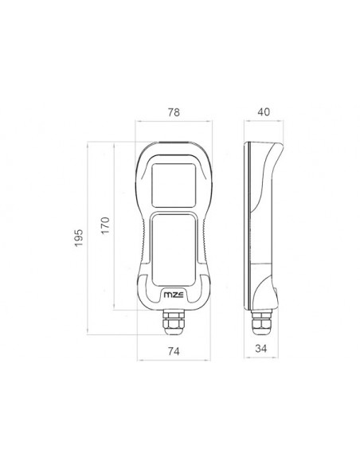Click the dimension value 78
[174, 112]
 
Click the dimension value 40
[264, 111]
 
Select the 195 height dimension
[79, 238]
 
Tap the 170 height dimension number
[105, 225]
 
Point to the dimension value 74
[174, 351]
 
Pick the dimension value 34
[261, 348]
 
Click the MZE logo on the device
[174, 295]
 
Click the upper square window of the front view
[174, 186]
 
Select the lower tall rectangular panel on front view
[174, 250]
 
